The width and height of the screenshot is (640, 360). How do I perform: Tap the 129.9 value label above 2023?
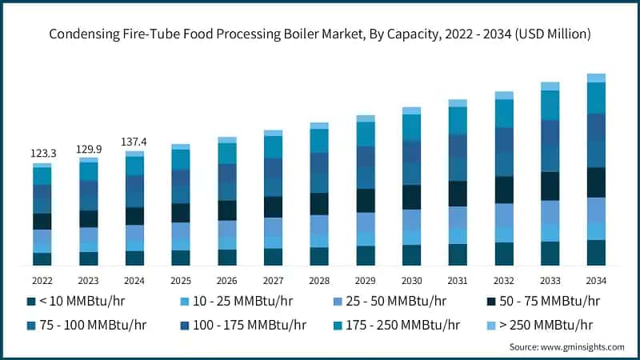pos(88,148)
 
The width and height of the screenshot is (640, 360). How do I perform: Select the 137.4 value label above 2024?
pos(134,141)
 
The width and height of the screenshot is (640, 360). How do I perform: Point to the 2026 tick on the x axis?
pos(227,281)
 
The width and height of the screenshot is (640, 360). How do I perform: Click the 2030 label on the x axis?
pos(411,281)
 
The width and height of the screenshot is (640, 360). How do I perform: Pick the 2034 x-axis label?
pos(596,281)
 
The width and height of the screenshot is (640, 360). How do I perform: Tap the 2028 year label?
pos(319,281)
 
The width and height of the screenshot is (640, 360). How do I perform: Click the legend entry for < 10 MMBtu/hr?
pos(76,302)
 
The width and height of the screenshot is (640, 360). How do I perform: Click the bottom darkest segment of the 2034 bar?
pos(596,253)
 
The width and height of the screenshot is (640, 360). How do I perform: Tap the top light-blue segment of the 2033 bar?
pos(550,86)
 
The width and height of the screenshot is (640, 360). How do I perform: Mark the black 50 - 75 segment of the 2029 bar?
pos(366,200)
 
